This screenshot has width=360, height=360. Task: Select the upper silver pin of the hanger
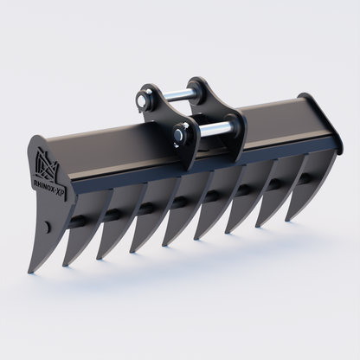pyautogui.click(x=177, y=96)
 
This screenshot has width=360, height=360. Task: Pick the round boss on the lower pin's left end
pyautogui.click(x=179, y=133)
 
